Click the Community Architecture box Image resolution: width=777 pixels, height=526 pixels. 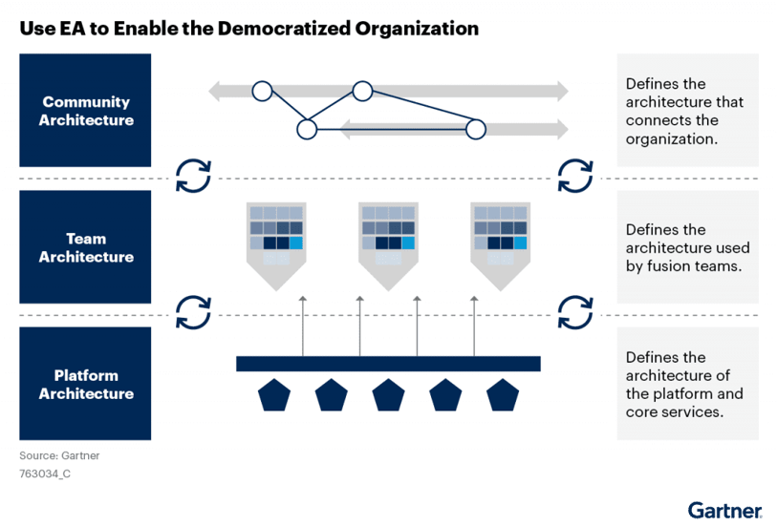click(86, 110)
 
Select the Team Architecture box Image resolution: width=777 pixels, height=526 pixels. click(86, 247)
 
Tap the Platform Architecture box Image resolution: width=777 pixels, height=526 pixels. click(86, 384)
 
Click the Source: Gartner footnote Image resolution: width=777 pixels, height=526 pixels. click(59, 455)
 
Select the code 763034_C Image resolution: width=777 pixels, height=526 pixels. click(45, 472)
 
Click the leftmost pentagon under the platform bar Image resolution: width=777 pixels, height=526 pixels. click(274, 394)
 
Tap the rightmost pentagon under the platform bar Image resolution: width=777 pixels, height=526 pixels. click(503, 394)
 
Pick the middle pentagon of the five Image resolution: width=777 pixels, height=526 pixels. click(388, 394)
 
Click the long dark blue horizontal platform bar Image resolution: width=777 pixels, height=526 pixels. click(388, 363)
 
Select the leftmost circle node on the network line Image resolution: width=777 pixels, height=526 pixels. click(261, 92)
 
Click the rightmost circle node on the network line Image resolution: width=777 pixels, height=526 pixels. click(475, 129)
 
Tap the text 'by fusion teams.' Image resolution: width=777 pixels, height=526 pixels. click(683, 266)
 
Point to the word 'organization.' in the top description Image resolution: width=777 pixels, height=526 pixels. click(672, 138)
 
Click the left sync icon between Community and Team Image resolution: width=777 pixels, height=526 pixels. click(193, 175)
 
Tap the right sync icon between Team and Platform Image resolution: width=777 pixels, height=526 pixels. click(575, 311)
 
